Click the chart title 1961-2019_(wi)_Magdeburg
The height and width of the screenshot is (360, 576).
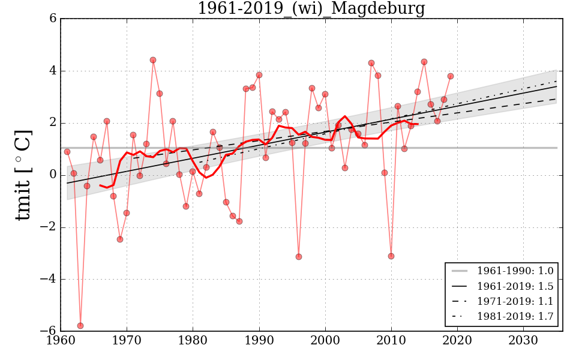[x=311, y=8]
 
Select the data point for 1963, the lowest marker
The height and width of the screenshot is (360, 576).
[x=80, y=326]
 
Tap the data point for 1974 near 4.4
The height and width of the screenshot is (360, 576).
[x=153, y=60]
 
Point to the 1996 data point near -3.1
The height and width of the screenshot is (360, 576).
[x=299, y=257]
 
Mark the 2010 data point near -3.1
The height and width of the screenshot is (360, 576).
[x=391, y=256]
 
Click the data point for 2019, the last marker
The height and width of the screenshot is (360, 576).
[x=451, y=76]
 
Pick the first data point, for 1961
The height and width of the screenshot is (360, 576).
[x=67, y=152]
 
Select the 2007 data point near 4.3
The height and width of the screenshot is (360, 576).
[x=371, y=63]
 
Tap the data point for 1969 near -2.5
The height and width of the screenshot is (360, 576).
[x=120, y=239]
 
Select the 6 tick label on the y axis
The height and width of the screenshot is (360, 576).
[x=53, y=19]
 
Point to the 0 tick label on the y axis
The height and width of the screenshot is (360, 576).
[x=53, y=175]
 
